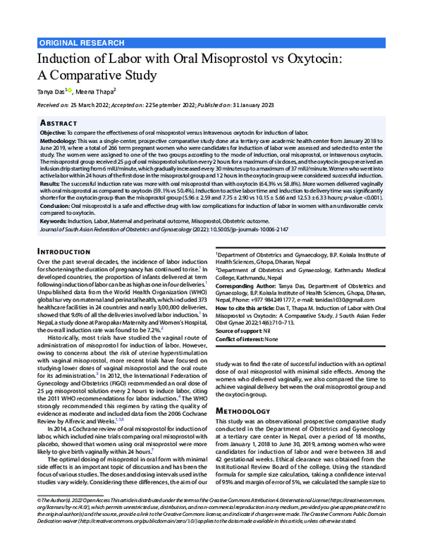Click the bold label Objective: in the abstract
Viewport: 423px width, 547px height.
53,132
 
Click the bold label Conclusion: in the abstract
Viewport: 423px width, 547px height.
56,205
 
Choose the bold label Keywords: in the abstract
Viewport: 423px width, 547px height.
54,221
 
